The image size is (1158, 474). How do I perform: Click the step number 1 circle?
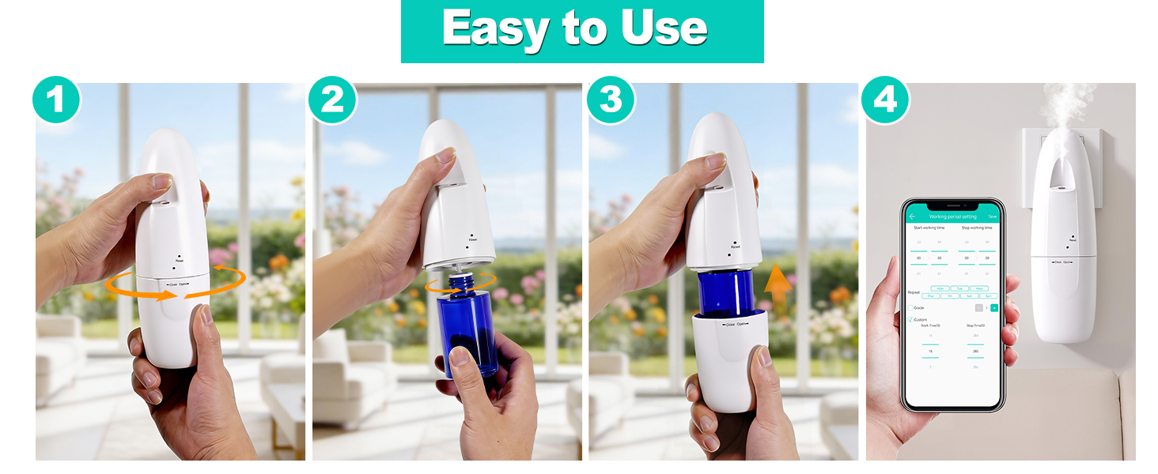[x=56, y=100]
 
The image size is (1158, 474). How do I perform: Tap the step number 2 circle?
[x=332, y=100]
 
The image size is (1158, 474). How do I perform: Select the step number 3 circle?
[x=611, y=100]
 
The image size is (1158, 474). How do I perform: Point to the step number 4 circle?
[x=885, y=100]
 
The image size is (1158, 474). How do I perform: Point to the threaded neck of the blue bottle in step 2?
[x=463, y=281]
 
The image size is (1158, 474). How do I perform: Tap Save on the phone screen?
[x=992, y=216]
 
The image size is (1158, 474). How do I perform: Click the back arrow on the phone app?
[x=912, y=216]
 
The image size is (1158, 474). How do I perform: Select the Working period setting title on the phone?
[x=952, y=216]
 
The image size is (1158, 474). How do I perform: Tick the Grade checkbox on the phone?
[x=910, y=307]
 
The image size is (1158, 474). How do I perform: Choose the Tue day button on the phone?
[x=959, y=288]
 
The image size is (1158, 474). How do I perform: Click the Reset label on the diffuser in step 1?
[x=180, y=260]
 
